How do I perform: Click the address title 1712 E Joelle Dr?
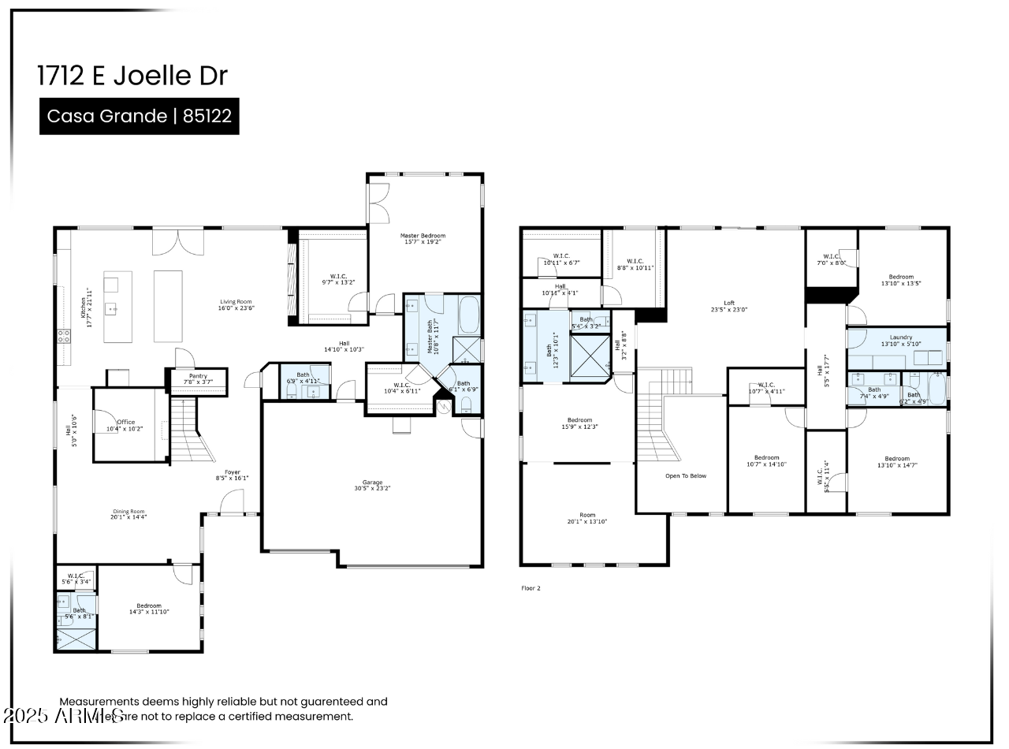point(132,76)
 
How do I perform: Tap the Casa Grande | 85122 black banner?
point(140,117)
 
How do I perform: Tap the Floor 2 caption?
point(531,588)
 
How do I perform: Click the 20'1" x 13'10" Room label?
point(586,518)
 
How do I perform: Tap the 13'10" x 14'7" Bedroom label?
point(897,462)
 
